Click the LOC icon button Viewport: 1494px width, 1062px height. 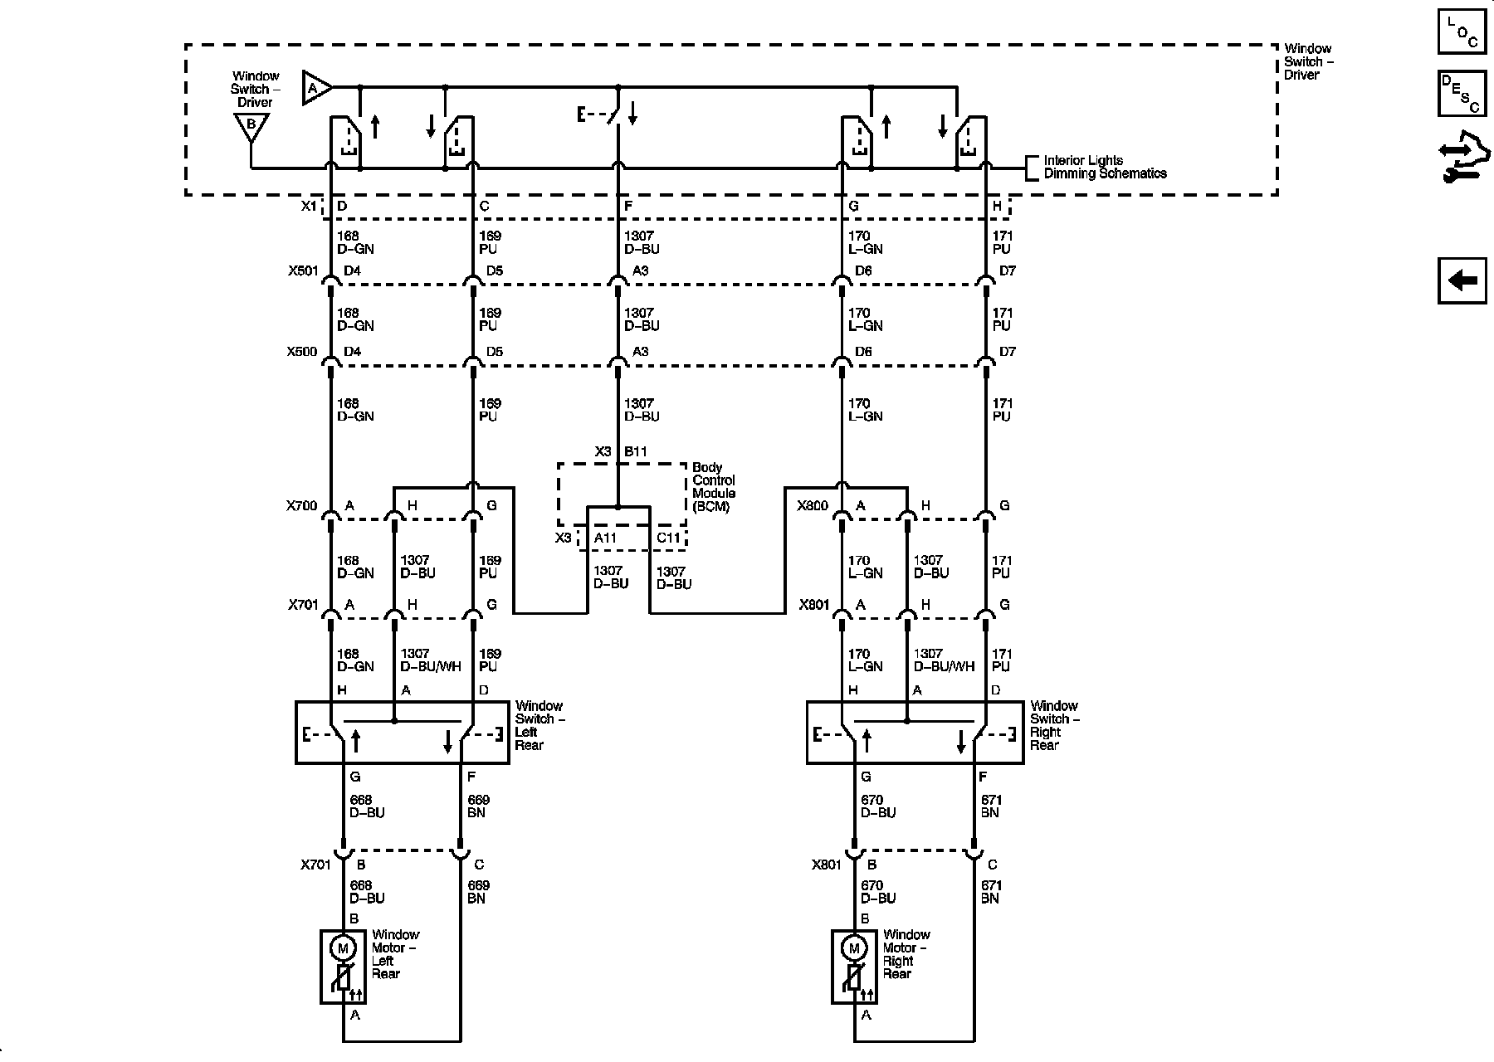point(1462,31)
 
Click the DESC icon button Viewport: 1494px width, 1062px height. point(1462,93)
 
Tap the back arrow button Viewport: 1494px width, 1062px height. point(1462,280)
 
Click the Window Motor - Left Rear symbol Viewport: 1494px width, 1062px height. point(343,967)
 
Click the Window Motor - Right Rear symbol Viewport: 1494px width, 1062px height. point(854,967)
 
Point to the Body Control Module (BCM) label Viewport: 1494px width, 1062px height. point(714,487)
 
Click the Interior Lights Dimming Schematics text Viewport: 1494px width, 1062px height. point(1105,167)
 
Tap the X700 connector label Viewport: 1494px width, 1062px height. point(302,505)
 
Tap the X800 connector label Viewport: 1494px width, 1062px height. point(813,505)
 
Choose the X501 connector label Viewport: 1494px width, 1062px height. point(302,270)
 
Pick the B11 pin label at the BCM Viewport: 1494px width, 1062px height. point(636,451)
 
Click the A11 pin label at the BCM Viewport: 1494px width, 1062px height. point(605,538)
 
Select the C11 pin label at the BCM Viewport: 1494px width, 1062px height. point(668,538)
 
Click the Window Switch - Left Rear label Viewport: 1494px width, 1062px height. point(539,725)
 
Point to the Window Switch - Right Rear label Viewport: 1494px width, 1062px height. point(1054,725)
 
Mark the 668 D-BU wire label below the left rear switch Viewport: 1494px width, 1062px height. point(367,806)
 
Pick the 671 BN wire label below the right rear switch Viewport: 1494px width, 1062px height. point(991,806)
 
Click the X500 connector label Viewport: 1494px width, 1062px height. point(302,352)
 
